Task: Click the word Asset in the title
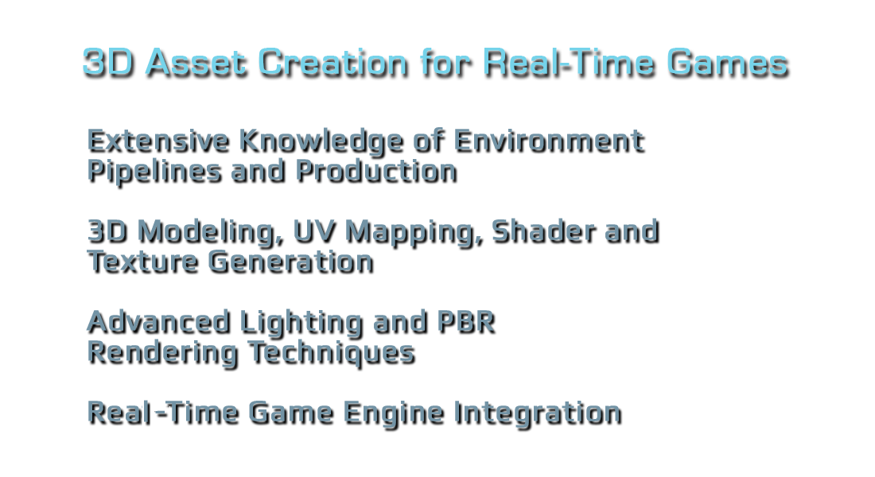click(x=196, y=62)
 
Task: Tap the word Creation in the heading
click(x=333, y=62)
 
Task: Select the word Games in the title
click(x=728, y=62)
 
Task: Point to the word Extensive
click(x=158, y=141)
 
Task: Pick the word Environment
click(x=549, y=141)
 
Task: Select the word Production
click(x=377, y=171)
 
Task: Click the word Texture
click(x=143, y=262)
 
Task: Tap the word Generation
click(x=290, y=262)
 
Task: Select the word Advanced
click(x=159, y=323)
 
